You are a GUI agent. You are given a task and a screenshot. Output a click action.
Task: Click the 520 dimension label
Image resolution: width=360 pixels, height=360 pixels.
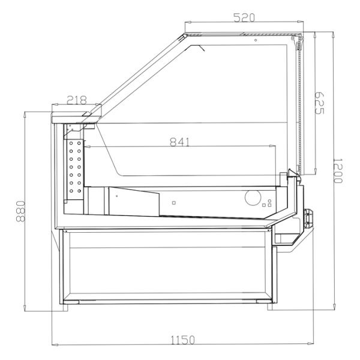pos(244,17)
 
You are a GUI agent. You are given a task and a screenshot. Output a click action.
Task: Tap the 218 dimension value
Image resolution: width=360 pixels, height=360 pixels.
pos(77,100)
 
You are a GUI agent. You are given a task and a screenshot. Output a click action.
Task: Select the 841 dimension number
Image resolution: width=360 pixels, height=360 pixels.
pos(180,142)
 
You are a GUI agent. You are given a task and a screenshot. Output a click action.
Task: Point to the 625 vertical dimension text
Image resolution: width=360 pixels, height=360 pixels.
pos(319,103)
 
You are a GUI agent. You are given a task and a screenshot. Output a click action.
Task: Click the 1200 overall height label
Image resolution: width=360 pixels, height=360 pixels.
pos(338,170)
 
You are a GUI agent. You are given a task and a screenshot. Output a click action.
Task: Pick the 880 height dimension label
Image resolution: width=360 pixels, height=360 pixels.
pos(20,211)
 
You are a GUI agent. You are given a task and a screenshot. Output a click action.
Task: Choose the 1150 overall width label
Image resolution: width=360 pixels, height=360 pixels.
pos(183,340)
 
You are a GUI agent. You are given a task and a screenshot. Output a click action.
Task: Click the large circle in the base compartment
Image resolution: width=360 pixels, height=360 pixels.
pos(253,197)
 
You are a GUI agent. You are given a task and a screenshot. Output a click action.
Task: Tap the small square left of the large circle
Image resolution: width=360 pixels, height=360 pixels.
pos(174,203)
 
